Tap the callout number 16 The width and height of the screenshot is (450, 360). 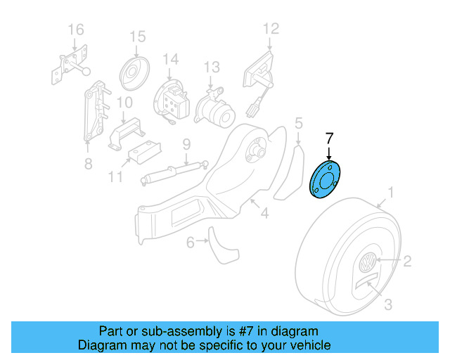[75, 30]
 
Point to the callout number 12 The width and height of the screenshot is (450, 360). [271, 29]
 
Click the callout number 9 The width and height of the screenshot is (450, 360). [186, 145]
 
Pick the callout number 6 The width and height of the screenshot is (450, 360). [191, 243]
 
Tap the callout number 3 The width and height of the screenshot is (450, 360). [388, 304]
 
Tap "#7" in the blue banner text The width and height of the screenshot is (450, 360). [242, 331]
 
